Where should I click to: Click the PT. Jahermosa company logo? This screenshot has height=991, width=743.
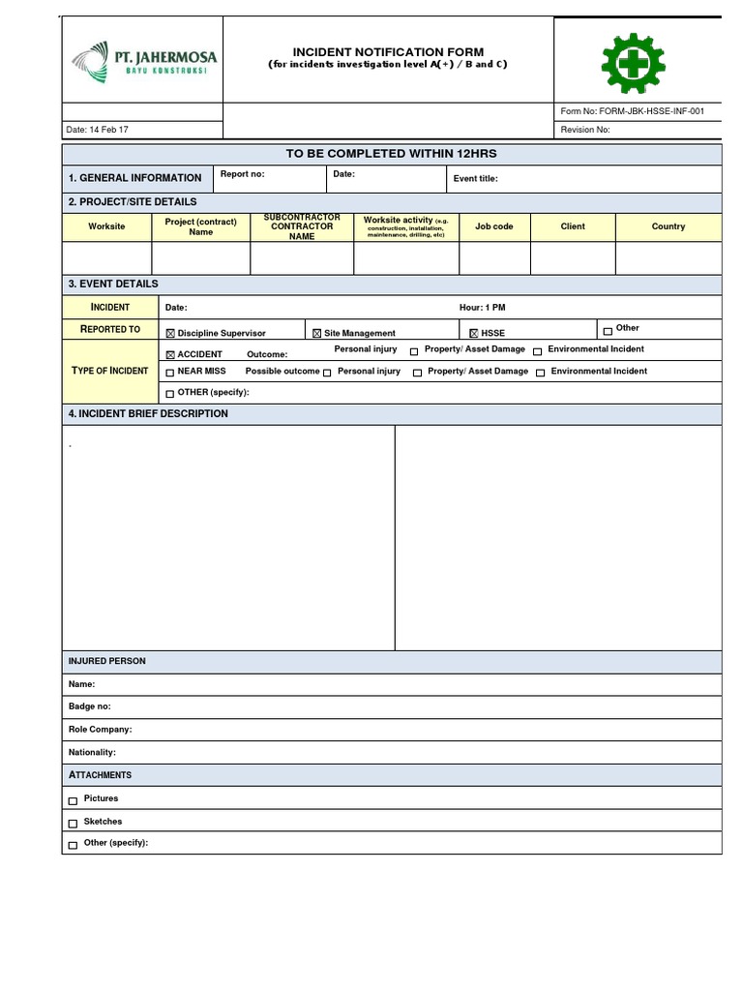[143, 60]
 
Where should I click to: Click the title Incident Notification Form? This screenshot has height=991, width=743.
[388, 52]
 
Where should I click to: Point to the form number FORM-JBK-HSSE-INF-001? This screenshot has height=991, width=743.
[633, 111]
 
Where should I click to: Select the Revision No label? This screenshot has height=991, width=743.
[585, 130]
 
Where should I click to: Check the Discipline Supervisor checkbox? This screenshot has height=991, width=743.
[171, 334]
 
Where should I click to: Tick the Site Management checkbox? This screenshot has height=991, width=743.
[316, 334]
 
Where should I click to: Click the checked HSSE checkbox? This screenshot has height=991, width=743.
[474, 334]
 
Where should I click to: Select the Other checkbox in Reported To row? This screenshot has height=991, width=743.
[608, 331]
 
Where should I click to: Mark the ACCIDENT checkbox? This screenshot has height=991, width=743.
[171, 355]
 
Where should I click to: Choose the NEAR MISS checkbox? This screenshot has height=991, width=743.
[170, 372]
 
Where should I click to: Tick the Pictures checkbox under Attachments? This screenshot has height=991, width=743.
[74, 800]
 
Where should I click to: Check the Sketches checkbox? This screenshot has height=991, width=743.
[74, 824]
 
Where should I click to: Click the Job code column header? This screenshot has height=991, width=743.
[494, 226]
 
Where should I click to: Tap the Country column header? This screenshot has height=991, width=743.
[668, 226]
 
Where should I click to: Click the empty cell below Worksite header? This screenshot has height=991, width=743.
[106, 258]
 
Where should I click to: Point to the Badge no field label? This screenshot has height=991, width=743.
[89, 706]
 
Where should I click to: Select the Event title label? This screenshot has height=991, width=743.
[475, 179]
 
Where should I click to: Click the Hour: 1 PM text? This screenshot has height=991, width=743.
[482, 308]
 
